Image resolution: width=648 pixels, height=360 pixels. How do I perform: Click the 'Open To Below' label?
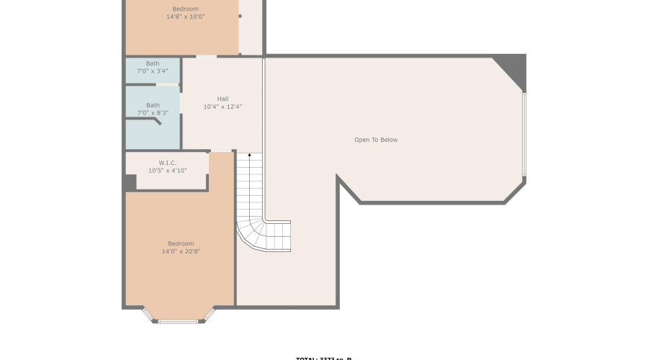click(x=375, y=140)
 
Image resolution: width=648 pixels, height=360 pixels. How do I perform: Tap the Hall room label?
click(x=222, y=99)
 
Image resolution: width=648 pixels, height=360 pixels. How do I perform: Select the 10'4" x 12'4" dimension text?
click(x=222, y=107)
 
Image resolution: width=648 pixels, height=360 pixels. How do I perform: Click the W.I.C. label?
click(x=167, y=163)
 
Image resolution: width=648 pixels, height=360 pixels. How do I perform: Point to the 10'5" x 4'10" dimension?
click(x=167, y=171)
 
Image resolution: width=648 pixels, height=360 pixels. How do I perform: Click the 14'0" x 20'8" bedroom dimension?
click(x=181, y=251)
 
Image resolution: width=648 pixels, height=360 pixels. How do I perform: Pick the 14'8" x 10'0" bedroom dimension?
click(x=185, y=16)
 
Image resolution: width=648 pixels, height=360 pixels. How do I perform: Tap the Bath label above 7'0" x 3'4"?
click(x=153, y=63)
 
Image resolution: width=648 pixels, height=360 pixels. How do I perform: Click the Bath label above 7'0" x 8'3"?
click(x=153, y=105)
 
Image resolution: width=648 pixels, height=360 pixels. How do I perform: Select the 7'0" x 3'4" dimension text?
click(x=153, y=71)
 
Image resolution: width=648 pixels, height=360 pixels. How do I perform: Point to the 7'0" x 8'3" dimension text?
click(x=153, y=113)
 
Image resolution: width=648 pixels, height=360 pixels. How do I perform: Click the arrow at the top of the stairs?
click(x=249, y=156)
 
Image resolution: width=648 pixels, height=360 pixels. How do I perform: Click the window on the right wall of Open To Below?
click(x=524, y=135)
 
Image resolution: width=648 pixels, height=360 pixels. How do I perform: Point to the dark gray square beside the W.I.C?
click(x=129, y=183)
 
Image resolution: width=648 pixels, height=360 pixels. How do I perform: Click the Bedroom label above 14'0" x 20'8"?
click(x=181, y=243)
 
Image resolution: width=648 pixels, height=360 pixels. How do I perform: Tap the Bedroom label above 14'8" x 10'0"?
click(x=185, y=9)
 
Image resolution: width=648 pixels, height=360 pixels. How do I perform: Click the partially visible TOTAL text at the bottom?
click(x=323, y=358)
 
